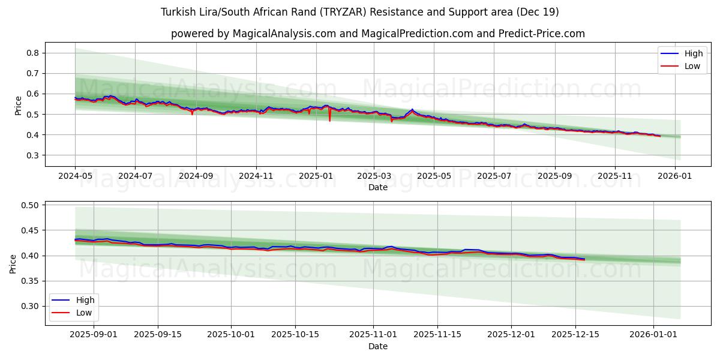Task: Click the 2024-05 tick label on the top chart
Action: point(75,177)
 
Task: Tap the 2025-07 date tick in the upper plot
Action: point(494,177)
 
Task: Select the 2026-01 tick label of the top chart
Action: point(675,177)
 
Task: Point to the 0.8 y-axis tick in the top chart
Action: point(34,53)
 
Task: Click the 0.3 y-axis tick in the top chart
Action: point(34,155)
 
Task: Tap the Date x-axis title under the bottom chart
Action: point(378,346)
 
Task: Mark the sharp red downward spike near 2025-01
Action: point(329,121)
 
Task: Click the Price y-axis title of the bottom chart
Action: point(13,263)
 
